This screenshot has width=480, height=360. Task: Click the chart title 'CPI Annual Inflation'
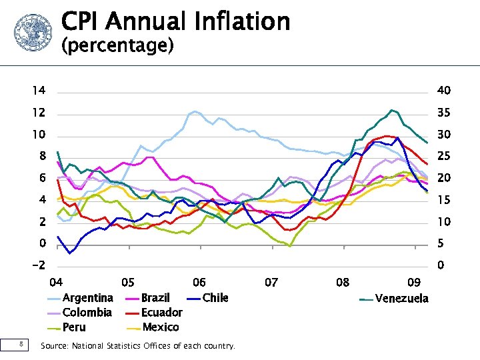[175, 21]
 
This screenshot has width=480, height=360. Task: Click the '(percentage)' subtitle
[117, 46]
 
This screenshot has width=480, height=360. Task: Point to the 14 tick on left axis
[39, 91]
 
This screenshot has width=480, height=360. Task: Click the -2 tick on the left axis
[38, 265]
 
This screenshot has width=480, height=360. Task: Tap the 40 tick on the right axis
[443, 91]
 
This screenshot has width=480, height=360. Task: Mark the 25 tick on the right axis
[443, 156]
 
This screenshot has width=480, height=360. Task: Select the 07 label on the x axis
[271, 283]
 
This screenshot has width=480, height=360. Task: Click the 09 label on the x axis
[414, 283]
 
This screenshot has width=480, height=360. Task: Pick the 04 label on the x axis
[57, 283]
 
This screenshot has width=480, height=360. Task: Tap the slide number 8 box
[22, 345]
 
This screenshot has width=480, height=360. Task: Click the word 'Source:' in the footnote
[53, 346]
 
